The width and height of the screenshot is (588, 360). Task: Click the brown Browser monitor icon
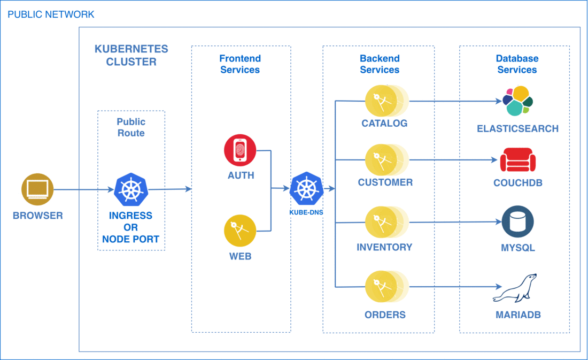[37, 189]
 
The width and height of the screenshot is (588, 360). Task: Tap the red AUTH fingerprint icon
[240, 150]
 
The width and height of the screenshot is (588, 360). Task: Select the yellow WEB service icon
[240, 231]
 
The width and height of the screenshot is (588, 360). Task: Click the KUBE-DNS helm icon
[306, 188]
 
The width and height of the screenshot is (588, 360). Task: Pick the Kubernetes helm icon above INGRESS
[130, 189]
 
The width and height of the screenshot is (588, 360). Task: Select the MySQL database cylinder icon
[517, 221]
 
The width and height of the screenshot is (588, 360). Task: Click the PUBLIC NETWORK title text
[51, 14]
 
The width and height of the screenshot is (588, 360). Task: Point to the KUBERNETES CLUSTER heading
[131, 55]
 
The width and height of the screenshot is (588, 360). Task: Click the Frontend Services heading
[240, 64]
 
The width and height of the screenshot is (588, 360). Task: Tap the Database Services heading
[517, 64]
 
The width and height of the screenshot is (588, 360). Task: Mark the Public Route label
[131, 127]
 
